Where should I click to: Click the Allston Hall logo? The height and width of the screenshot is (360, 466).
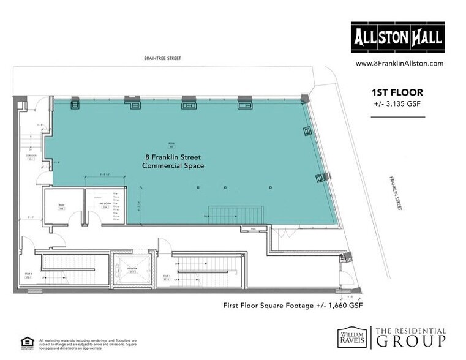tap(397, 38)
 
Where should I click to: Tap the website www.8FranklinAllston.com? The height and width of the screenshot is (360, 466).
tap(399, 63)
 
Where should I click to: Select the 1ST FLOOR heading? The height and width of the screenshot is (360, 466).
tap(397, 92)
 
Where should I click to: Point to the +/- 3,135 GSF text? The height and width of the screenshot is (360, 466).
tap(397, 103)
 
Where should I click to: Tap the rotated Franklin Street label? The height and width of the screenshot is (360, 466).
tap(395, 194)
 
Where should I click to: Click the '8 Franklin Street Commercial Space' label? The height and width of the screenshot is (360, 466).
tap(173, 161)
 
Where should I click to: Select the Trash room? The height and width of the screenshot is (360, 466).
tap(62, 206)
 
